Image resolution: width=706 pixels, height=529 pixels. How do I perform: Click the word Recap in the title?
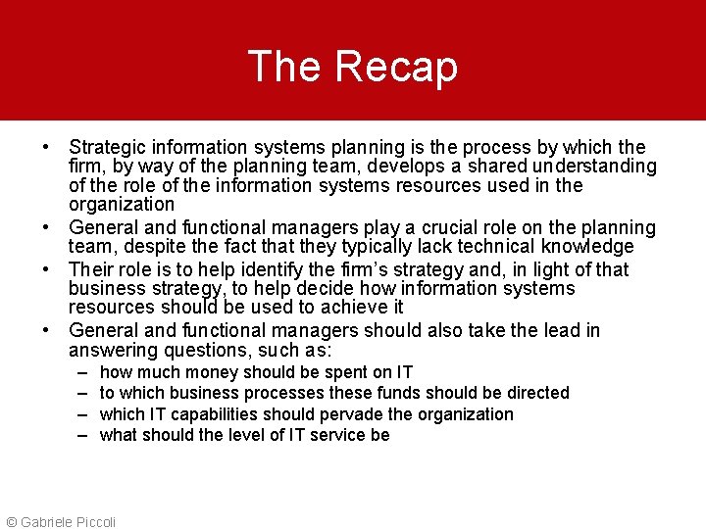[396, 67]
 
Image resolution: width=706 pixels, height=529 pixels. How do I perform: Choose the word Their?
[90, 269]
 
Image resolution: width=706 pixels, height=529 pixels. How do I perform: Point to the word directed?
[533, 393]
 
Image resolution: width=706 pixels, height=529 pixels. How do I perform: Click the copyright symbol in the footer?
[11, 522]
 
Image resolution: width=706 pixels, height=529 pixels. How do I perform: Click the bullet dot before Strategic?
[46, 147]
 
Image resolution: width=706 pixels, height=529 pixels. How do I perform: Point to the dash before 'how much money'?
[78, 372]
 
